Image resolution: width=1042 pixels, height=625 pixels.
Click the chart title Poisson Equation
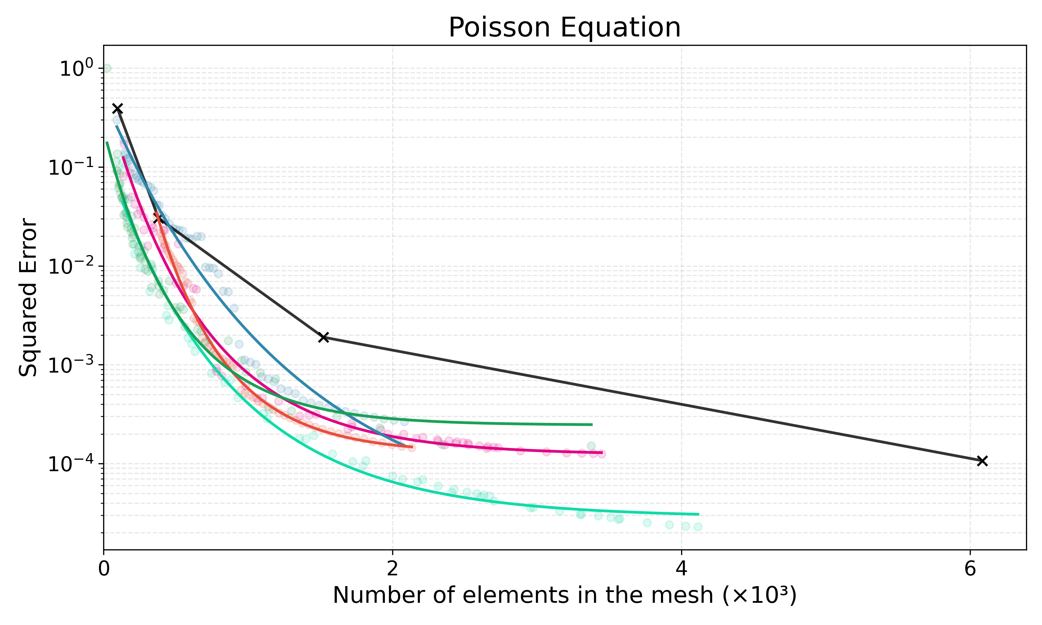click(564, 28)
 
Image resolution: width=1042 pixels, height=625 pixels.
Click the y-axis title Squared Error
click(28, 297)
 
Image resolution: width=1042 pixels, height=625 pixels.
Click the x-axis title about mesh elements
click(564, 595)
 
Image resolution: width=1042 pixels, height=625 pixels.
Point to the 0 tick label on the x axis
click(104, 568)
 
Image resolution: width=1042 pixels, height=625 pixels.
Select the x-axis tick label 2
click(392, 568)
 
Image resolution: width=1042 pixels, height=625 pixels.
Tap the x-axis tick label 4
click(681, 568)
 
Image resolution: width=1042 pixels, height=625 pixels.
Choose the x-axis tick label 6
click(970, 568)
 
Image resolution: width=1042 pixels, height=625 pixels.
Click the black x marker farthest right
click(982, 461)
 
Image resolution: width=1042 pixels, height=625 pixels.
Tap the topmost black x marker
click(117, 109)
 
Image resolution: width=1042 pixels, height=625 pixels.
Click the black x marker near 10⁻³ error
click(323, 337)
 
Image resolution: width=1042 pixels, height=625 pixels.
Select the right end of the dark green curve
click(592, 425)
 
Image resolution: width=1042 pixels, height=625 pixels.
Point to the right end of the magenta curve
click(602, 453)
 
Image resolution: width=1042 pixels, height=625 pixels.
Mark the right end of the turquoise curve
click(698, 514)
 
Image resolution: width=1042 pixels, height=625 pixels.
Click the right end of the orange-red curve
click(412, 447)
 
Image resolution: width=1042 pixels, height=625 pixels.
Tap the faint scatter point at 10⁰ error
click(107, 68)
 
